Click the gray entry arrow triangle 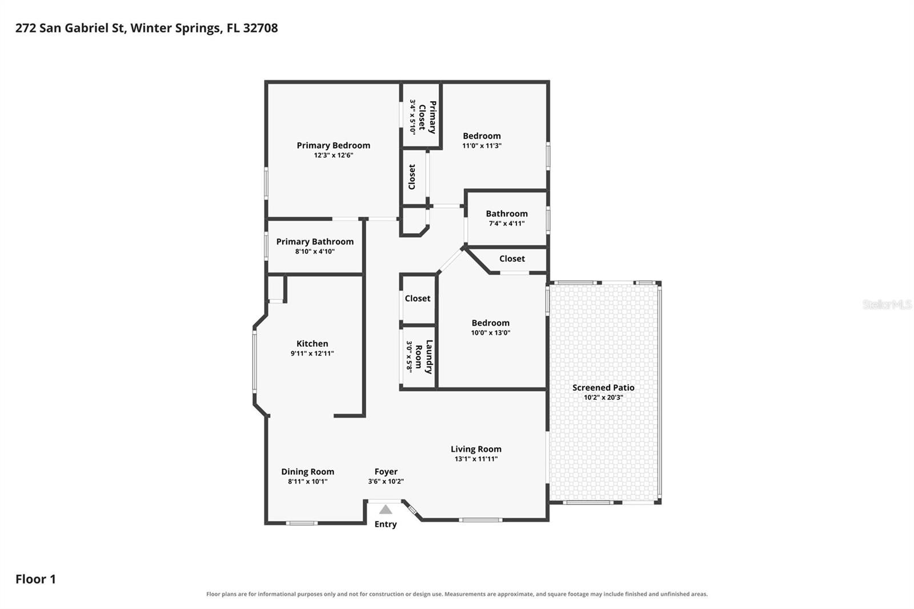386,510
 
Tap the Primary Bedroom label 334,145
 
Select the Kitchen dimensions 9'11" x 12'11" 312,354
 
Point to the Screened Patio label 603,388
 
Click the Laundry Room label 423,356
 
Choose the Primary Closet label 427,117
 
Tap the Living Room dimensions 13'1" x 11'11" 476,459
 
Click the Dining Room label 308,472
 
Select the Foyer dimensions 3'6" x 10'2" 386,481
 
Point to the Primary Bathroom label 315,242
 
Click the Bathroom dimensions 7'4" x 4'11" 507,223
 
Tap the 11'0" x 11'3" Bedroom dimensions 482,146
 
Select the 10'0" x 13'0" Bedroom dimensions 491,332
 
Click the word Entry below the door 386,524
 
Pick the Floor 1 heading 35,579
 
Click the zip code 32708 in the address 260,28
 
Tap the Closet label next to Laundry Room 418,298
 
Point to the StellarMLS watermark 887,304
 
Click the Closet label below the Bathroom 512,259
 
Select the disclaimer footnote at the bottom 457,594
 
